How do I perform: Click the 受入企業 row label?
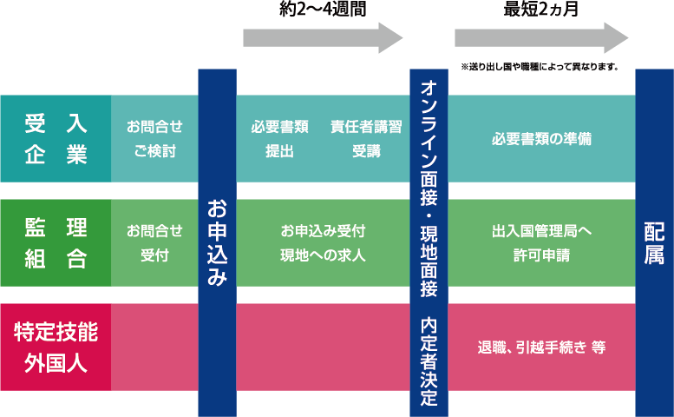[x=56, y=139]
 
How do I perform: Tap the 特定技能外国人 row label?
[x=56, y=347]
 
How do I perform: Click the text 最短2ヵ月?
[x=541, y=11]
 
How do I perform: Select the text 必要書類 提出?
[x=279, y=139]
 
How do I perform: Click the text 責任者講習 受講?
[x=366, y=139]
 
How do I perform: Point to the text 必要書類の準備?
[x=541, y=139]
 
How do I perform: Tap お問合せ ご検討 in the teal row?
[x=154, y=139]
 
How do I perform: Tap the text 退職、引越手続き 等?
[x=541, y=347]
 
